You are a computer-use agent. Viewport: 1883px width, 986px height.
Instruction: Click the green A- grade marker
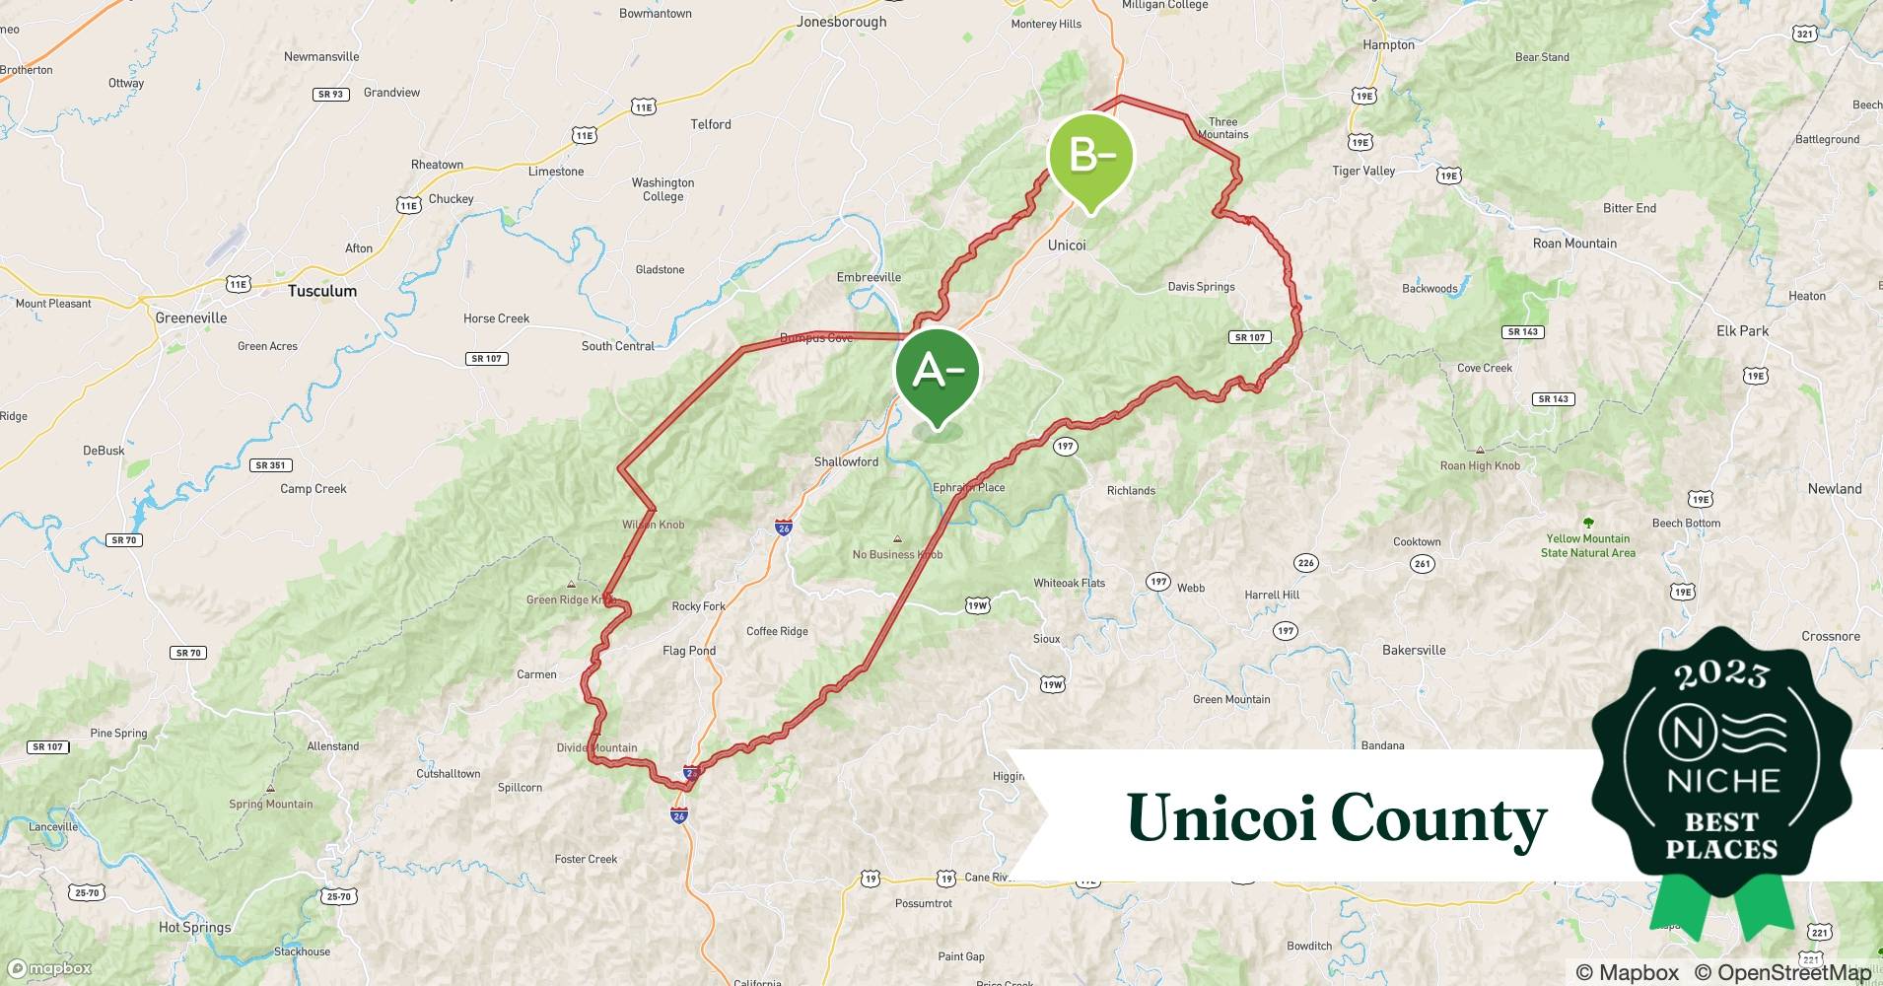(937, 373)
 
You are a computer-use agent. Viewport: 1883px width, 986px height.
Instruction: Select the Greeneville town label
(191, 317)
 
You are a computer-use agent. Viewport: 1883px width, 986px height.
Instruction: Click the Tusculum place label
(322, 291)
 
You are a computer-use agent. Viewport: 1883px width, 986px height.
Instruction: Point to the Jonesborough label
(841, 22)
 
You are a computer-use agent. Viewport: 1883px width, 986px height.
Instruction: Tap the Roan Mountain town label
(1574, 244)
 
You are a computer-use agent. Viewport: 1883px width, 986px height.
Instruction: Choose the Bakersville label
(1414, 650)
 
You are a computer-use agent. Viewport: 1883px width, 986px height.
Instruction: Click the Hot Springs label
(194, 927)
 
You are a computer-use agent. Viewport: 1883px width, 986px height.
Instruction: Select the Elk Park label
(1742, 330)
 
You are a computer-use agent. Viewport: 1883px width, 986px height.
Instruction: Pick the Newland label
(1834, 488)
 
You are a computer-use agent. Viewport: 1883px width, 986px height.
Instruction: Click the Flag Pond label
(689, 651)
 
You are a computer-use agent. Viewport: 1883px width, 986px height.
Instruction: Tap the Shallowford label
(846, 461)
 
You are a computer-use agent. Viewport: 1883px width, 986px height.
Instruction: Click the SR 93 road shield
(330, 95)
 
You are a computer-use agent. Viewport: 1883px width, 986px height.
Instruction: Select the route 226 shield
(1305, 563)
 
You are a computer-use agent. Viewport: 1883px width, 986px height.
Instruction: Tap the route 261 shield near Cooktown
(1423, 564)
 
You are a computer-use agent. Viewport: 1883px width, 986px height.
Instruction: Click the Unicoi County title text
(1336, 818)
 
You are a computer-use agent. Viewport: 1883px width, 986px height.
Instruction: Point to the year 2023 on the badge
(1721, 674)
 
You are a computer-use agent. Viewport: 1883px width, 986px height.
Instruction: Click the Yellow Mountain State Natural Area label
(1587, 545)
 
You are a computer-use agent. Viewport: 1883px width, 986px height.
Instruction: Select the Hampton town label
(1388, 45)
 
